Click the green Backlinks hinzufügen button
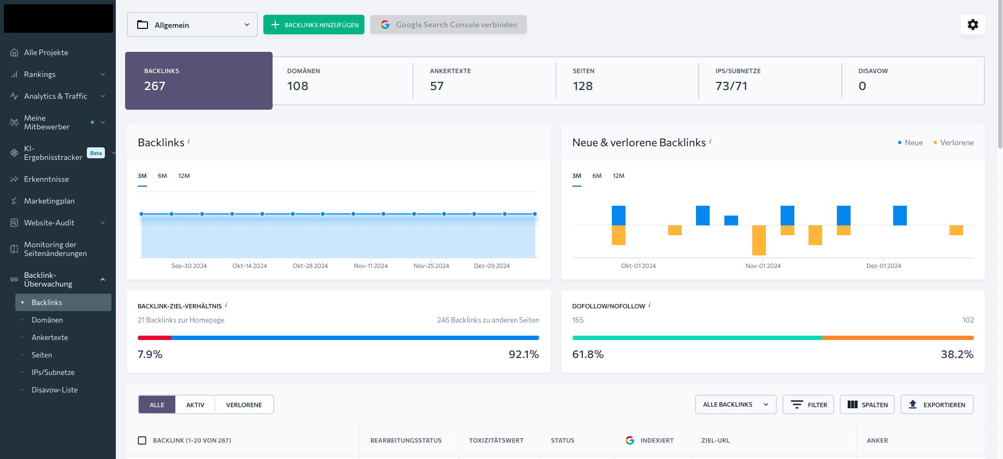(x=314, y=25)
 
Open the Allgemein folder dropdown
(x=192, y=25)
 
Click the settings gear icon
(x=972, y=25)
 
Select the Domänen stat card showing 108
(x=343, y=80)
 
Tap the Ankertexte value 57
(x=436, y=86)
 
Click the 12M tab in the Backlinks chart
(x=184, y=176)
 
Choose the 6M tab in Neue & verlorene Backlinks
(x=597, y=176)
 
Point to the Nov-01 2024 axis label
(x=763, y=266)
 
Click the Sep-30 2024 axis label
(x=189, y=266)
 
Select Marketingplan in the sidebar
(x=49, y=201)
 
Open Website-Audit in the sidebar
(x=49, y=223)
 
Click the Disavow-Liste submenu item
(x=55, y=390)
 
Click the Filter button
(x=808, y=404)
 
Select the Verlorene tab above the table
(x=244, y=405)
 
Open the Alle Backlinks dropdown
(x=735, y=404)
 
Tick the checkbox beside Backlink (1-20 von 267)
(x=142, y=440)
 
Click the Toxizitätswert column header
(x=496, y=440)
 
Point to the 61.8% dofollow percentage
(x=588, y=354)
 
